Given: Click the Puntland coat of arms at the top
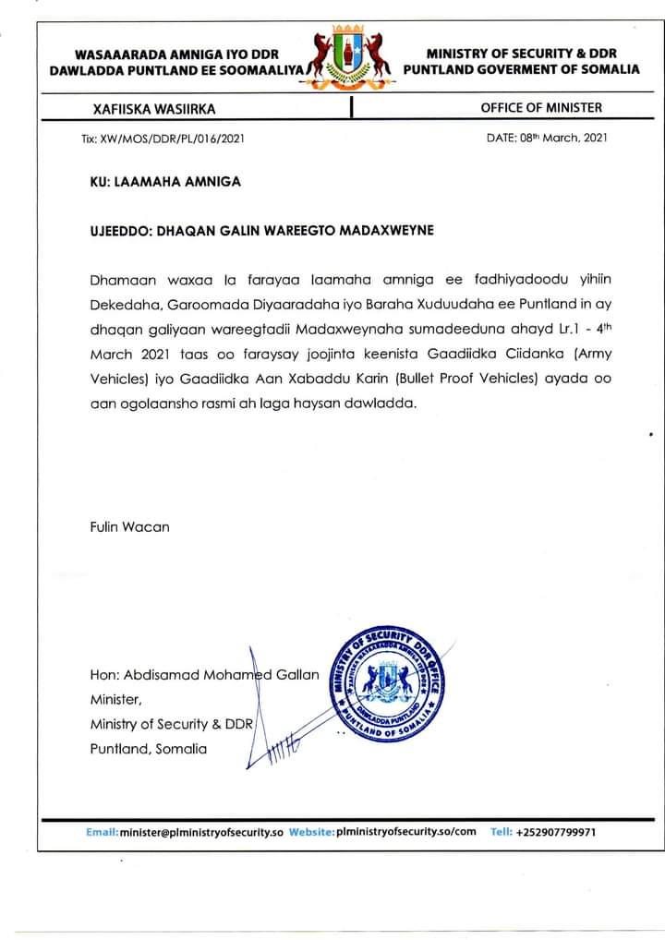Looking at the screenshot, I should pyautogui.click(x=351, y=57).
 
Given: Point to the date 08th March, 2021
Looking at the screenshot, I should pyautogui.click(x=547, y=139).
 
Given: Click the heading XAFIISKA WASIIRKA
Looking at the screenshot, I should pyautogui.click(x=154, y=109).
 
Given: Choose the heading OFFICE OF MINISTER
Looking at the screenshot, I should pyautogui.click(x=541, y=108).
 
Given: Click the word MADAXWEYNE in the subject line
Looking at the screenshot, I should pyautogui.click(x=381, y=230).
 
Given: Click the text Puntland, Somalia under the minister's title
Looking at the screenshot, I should pyautogui.click(x=149, y=749).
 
